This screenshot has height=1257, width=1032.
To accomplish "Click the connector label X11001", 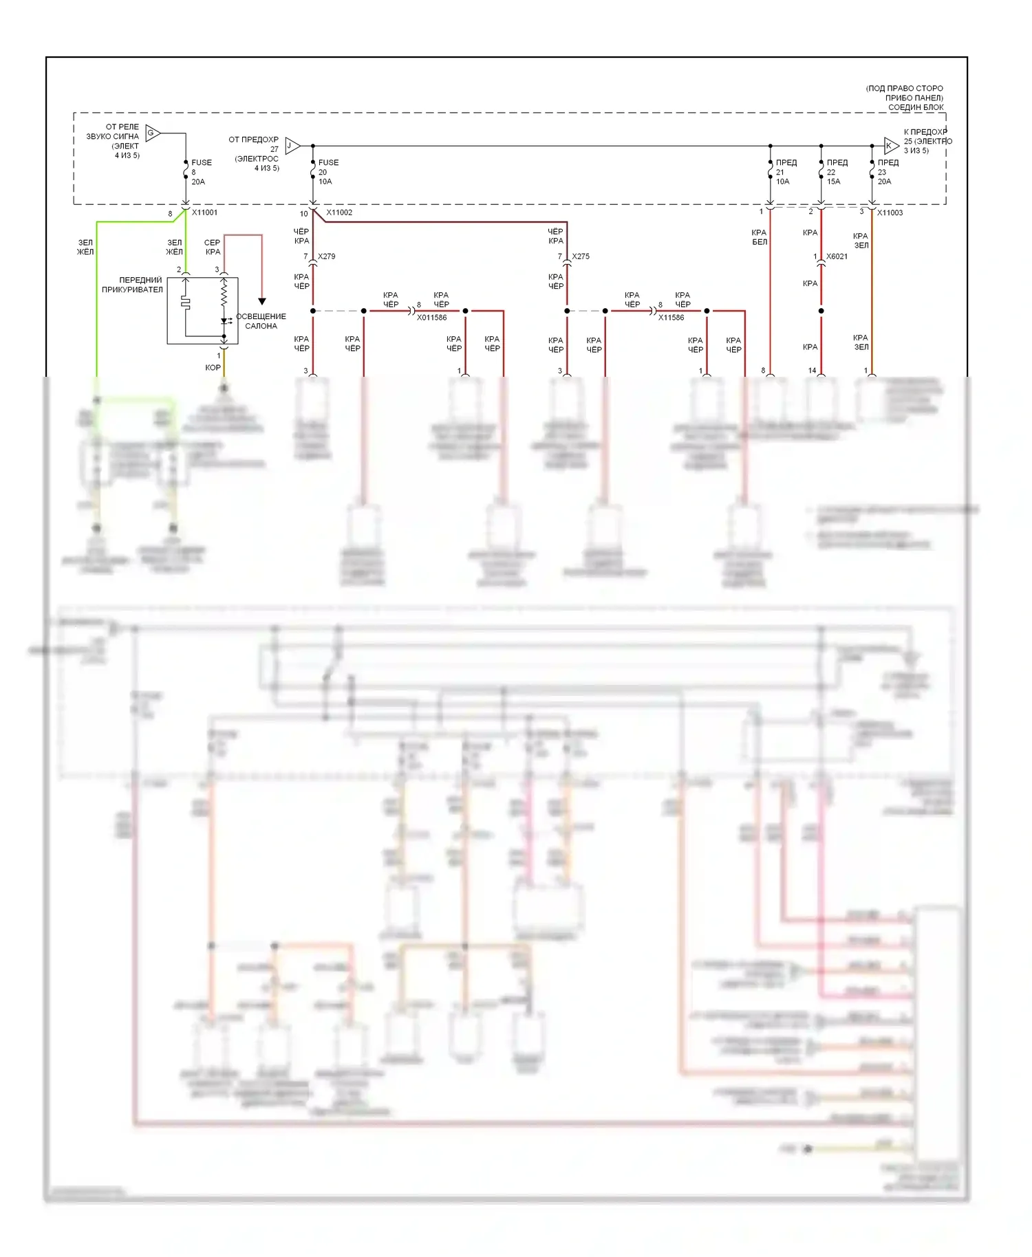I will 204,212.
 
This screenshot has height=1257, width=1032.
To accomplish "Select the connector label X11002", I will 339,212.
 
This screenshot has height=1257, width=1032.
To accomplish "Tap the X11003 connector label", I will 890,212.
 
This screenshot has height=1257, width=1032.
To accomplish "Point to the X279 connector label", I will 327,256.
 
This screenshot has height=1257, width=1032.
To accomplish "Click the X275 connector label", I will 581,256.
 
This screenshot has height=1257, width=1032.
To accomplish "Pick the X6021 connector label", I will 837,256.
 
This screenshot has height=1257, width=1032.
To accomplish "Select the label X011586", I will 431,318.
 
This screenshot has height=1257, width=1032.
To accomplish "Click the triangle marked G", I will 152,133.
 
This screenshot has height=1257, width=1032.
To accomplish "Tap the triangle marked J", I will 292,146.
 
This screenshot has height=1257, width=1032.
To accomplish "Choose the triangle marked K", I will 890,146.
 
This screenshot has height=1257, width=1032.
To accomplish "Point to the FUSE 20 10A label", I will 327,172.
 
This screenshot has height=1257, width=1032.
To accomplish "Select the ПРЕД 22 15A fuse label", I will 837,172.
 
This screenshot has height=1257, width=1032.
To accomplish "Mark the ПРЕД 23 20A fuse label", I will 888,172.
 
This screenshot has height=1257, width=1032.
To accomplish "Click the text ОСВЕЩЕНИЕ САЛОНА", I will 261,321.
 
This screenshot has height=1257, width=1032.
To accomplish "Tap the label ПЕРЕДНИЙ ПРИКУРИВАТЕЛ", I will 133,285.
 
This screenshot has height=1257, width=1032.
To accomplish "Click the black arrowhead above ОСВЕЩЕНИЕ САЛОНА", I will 262,301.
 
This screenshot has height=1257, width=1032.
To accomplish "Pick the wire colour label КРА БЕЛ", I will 759,237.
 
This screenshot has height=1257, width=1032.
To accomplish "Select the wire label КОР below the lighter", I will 213,368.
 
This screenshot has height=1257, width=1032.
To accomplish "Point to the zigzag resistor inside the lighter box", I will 224,295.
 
